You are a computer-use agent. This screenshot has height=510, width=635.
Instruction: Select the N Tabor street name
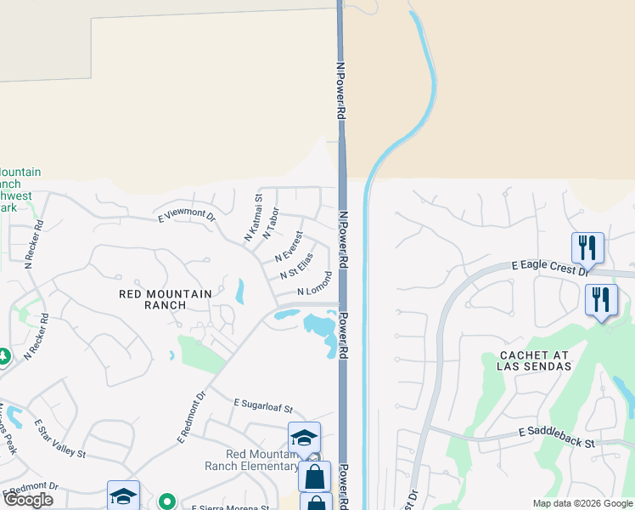[x=272, y=223]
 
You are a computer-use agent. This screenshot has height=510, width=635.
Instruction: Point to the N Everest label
[x=289, y=246]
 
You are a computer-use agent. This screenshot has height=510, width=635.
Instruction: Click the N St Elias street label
[x=296, y=265]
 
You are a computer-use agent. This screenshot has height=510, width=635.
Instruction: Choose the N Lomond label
[x=314, y=284]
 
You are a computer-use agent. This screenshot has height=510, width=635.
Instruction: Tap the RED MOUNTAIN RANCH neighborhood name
[x=166, y=300]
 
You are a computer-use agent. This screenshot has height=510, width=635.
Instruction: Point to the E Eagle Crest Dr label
[x=550, y=267]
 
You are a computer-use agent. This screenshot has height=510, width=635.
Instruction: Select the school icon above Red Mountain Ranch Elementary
[x=304, y=437]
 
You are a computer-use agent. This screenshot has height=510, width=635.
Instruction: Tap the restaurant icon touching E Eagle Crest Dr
[x=587, y=247]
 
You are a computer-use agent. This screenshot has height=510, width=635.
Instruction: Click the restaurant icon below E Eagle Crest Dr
[x=601, y=299]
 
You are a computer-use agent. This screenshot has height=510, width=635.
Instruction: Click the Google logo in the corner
[x=28, y=500]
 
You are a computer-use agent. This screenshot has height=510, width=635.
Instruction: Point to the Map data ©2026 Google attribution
[x=582, y=503]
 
